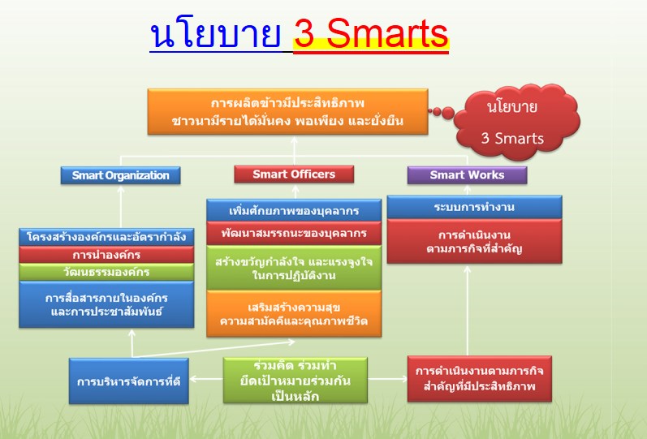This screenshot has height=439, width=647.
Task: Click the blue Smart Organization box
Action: click(x=120, y=175)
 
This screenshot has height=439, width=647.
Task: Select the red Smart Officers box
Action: click(x=294, y=174)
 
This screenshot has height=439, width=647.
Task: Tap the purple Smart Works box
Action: click(x=467, y=175)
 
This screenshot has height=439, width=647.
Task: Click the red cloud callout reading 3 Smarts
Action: click(x=515, y=123)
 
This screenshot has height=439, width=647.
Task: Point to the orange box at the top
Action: click(x=287, y=111)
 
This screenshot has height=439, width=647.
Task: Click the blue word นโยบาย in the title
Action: click(x=215, y=34)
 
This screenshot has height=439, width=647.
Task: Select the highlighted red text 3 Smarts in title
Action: click(x=371, y=34)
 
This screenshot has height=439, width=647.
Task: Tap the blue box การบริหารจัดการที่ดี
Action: click(x=129, y=381)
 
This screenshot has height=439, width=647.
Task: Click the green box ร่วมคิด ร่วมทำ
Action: click(x=295, y=380)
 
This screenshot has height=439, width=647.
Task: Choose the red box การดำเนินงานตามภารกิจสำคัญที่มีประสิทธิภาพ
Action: click(x=480, y=379)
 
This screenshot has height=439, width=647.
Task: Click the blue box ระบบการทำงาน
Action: click(x=475, y=207)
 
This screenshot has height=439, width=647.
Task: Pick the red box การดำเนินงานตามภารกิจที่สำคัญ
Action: click(x=475, y=241)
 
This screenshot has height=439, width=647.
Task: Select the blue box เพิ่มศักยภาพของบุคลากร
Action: click(x=294, y=210)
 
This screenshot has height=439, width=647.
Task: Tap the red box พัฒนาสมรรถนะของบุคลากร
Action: click(x=294, y=234)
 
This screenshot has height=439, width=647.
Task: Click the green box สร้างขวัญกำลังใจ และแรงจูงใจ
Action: click(x=294, y=268)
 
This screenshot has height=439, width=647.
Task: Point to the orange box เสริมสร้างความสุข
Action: click(x=294, y=313)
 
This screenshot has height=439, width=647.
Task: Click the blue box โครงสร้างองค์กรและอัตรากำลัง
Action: click(x=106, y=237)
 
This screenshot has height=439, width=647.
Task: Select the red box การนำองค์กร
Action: click(x=106, y=255)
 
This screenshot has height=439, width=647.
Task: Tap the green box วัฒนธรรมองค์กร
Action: click(x=106, y=273)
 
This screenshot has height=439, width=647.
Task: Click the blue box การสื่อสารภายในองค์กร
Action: click(x=106, y=304)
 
